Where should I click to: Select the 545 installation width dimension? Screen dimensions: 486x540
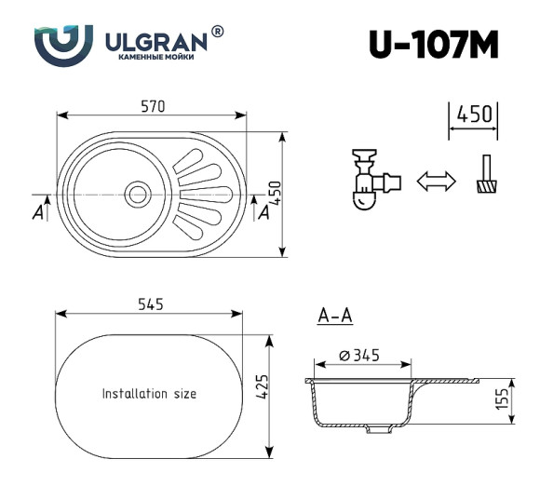coord(150,304)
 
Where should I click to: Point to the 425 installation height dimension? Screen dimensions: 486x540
coord(263,385)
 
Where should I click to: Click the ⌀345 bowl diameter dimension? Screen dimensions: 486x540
coord(360,355)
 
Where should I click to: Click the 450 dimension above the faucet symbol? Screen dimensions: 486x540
coord(474,115)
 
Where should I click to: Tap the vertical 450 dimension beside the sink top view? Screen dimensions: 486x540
coord(276,194)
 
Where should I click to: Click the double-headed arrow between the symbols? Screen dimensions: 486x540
coord(435,181)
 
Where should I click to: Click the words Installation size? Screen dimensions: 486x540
coord(149,394)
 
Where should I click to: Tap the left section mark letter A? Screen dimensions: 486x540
coord(37,213)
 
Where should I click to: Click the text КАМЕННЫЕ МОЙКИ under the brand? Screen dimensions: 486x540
coord(156,59)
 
